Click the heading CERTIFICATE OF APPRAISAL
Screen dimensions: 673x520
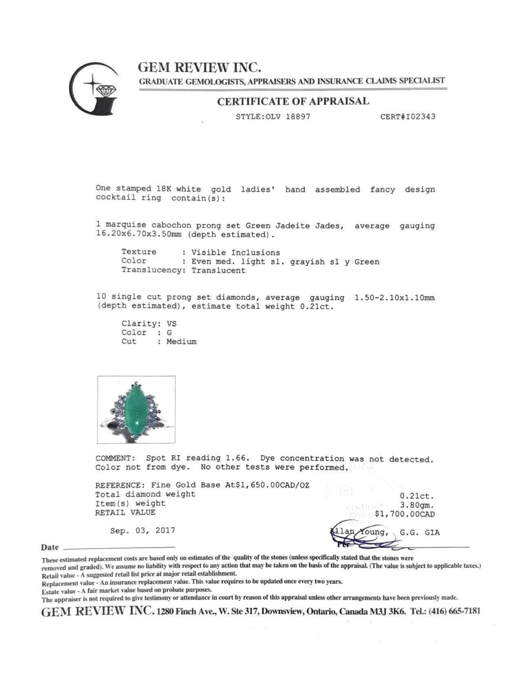pyautogui.click(x=293, y=102)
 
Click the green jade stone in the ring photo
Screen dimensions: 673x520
pyautogui.click(x=136, y=410)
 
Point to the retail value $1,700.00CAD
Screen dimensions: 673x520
pyautogui.click(x=405, y=514)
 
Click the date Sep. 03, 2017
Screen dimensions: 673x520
pyautogui.click(x=143, y=531)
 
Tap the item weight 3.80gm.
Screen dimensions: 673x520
pyautogui.click(x=417, y=505)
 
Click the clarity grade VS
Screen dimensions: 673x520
pyautogui.click(x=172, y=324)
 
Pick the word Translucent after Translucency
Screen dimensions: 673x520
pyautogui.click(x=219, y=270)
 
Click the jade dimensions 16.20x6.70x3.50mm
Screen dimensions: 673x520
pyautogui.click(x=138, y=235)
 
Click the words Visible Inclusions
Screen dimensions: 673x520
pyautogui.click(x=236, y=252)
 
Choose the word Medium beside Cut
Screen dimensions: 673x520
pyautogui.click(x=181, y=342)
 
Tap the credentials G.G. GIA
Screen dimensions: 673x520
pyautogui.click(x=420, y=532)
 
